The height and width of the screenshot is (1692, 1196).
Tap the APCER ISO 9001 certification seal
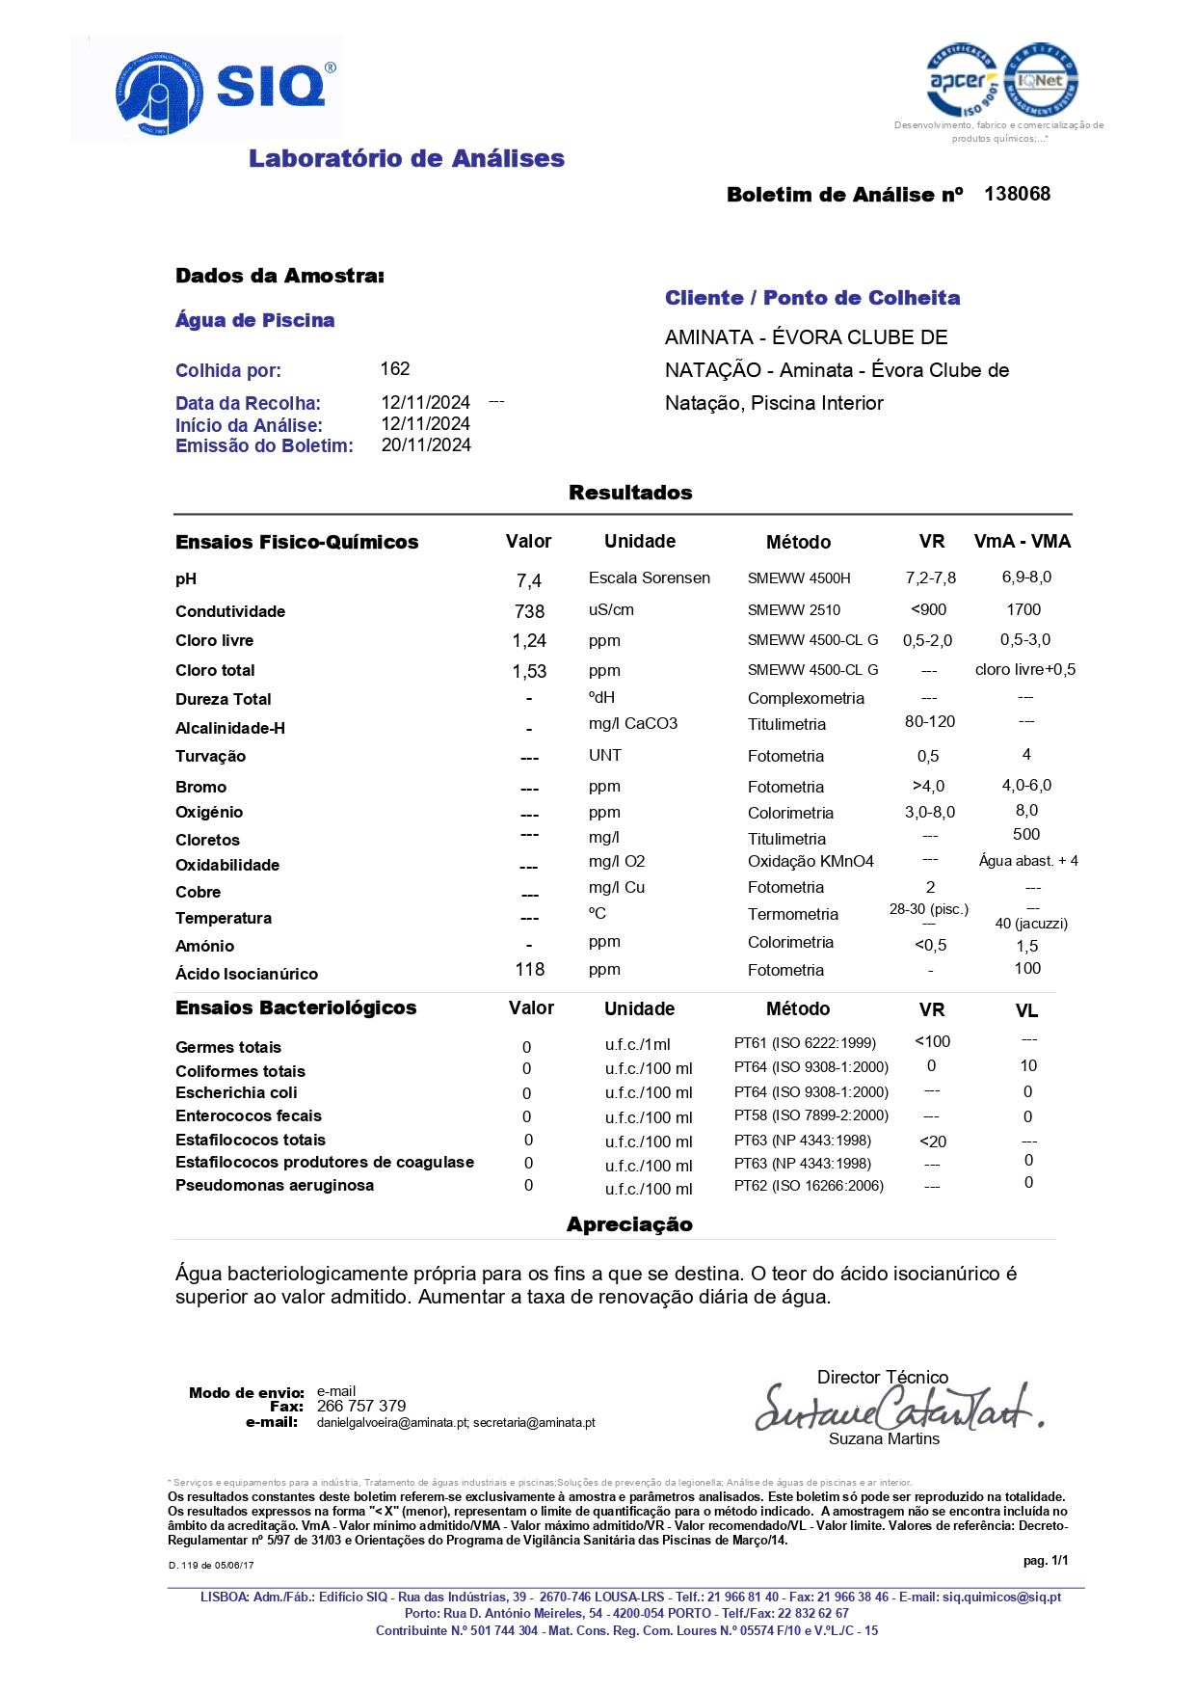tap(962, 81)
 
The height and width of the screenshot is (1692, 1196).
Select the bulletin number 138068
tap(1017, 194)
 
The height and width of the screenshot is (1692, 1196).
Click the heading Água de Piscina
tap(254, 320)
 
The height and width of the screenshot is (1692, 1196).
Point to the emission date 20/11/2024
tap(426, 444)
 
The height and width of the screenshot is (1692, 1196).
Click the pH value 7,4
tap(529, 580)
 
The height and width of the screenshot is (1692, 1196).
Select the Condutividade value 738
tap(529, 611)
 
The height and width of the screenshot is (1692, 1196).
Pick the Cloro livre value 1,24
tap(529, 640)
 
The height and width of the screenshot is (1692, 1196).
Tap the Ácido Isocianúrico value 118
tap(529, 969)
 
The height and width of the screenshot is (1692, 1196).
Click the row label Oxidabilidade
tap(227, 865)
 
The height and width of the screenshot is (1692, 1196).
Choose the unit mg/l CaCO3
tap(633, 723)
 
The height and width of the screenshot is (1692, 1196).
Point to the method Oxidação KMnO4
tap(811, 861)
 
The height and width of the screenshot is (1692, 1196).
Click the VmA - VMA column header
tap(1023, 541)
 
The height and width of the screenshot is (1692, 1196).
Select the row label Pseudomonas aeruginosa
tap(275, 1185)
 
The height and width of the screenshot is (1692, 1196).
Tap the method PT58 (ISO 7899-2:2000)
tap(811, 1115)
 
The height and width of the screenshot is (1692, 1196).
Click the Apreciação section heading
tap(629, 1224)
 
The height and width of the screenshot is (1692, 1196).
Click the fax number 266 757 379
tap(361, 1406)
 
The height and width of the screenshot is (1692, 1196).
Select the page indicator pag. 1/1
tap(1046, 1560)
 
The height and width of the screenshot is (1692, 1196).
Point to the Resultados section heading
tap(630, 493)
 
